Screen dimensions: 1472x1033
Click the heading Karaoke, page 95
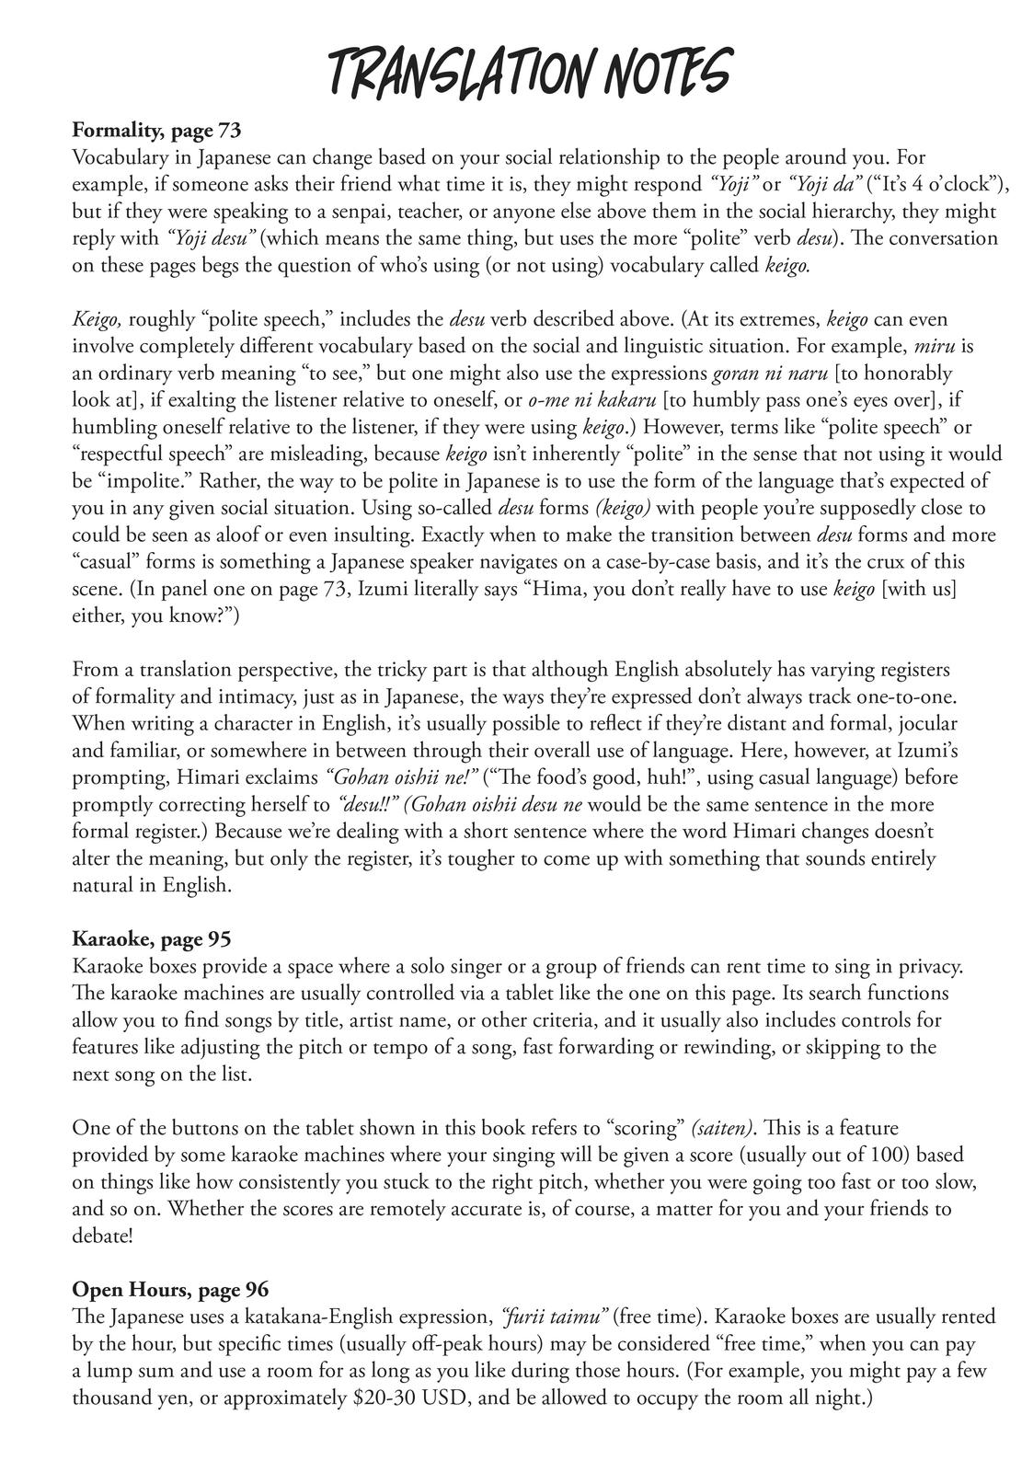coord(151,939)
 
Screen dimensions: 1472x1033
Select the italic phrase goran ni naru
coord(770,374)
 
